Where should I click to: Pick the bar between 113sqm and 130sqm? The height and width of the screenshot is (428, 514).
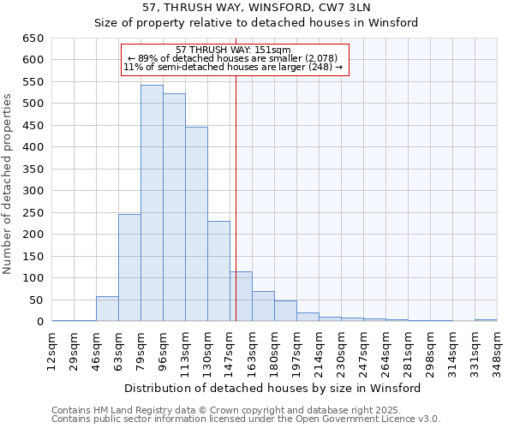tap(196, 224)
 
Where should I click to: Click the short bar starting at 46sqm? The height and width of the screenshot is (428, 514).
tap(107, 309)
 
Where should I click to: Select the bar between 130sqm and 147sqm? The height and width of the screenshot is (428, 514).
tap(218, 271)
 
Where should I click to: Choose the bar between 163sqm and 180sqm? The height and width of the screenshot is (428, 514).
tap(263, 306)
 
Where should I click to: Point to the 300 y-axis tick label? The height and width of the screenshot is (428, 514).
tap(33, 191)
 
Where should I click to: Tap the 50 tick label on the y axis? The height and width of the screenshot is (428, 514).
tap(36, 300)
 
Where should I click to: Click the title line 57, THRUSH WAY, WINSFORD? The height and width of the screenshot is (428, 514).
tap(256, 8)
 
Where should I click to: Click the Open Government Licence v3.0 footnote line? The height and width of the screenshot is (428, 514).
tap(246, 419)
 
